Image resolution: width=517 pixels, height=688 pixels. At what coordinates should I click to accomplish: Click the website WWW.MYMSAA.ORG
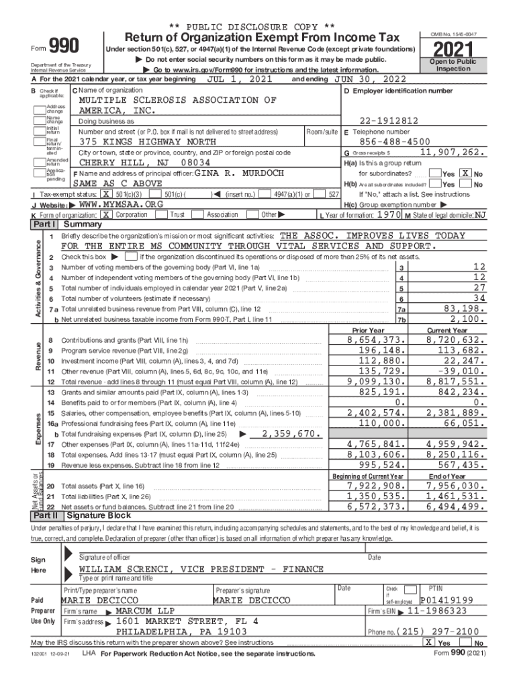point(121,204)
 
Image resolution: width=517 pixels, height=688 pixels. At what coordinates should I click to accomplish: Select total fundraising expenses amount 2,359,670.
point(289,433)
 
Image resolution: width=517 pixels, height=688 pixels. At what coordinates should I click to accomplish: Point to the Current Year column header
point(447,331)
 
